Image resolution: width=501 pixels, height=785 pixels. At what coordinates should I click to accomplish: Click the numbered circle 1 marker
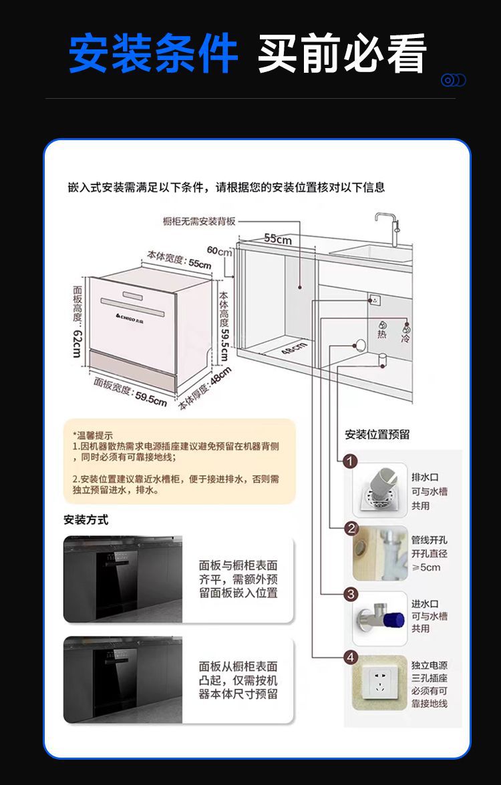click(x=351, y=461)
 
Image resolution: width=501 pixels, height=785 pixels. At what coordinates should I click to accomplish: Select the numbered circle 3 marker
click(x=351, y=594)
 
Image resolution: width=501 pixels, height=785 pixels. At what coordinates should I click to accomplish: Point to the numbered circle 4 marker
click(x=351, y=658)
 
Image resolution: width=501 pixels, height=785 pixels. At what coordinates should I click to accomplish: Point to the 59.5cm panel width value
click(x=151, y=400)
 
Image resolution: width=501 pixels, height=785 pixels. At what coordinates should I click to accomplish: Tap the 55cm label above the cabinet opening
click(x=278, y=238)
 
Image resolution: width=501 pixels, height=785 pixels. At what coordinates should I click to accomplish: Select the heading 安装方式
click(x=86, y=519)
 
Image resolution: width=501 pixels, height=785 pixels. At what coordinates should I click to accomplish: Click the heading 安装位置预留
click(x=377, y=435)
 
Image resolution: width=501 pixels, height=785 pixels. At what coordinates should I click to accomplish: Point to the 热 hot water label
click(x=381, y=333)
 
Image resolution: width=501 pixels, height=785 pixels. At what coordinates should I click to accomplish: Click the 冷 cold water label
click(x=405, y=338)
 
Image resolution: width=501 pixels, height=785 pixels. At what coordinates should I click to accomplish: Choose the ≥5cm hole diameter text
click(x=426, y=567)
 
